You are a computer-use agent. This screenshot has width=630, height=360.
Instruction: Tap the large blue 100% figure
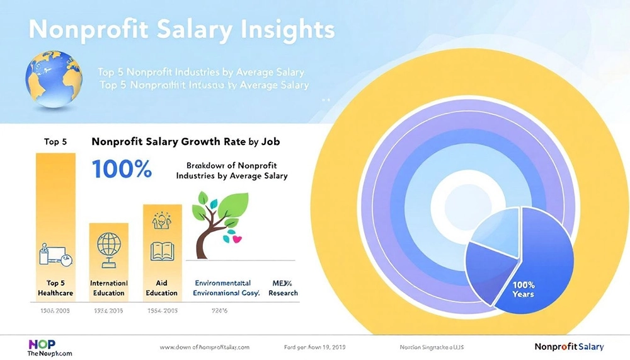click(x=122, y=168)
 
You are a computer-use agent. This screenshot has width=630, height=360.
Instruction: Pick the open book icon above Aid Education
click(x=161, y=252)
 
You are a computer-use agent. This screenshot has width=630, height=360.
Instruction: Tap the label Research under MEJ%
click(x=283, y=293)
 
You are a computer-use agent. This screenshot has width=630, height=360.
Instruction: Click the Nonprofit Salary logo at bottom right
click(x=569, y=347)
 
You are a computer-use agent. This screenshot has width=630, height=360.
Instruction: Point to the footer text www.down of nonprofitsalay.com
click(x=205, y=347)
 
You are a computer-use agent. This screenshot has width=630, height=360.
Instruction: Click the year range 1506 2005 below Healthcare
click(x=55, y=311)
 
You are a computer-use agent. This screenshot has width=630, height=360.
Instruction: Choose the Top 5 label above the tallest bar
click(x=55, y=142)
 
